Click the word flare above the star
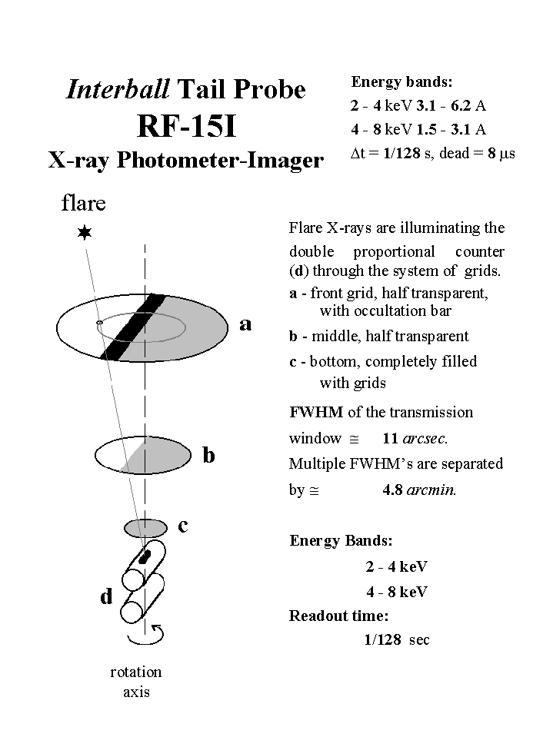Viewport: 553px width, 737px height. [84, 204]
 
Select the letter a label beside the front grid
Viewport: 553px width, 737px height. [245, 324]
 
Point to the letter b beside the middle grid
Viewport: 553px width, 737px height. [208, 456]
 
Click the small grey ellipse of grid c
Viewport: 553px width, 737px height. [146, 528]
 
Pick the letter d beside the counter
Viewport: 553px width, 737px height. [106, 596]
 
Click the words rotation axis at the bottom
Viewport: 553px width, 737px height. [136, 681]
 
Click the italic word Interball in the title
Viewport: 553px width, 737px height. [118, 90]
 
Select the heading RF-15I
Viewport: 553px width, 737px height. [185, 126]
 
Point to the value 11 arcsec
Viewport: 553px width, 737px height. [415, 439]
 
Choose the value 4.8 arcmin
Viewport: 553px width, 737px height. [419, 490]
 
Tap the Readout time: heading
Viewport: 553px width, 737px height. [338, 616]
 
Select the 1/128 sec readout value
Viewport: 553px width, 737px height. [397, 639]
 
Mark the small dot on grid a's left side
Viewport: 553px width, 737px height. [99, 323]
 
